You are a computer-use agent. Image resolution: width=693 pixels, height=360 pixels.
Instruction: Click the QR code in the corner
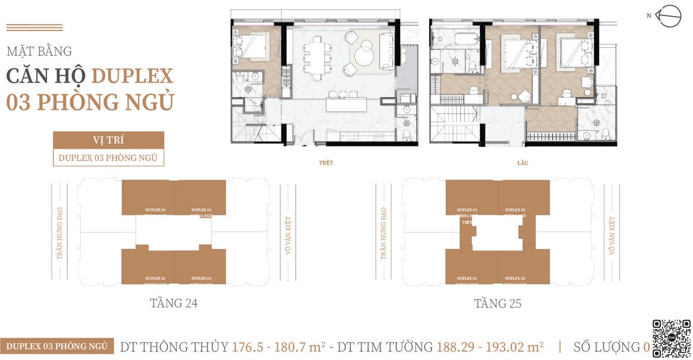coord(671,338)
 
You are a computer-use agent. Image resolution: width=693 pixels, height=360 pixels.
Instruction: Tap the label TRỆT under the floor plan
coord(326,163)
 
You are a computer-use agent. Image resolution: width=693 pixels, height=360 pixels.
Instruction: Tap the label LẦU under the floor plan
coord(522,163)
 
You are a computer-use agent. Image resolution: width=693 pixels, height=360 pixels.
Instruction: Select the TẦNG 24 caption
coord(174,303)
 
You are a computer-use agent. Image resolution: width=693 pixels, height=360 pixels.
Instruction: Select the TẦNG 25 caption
coord(497,303)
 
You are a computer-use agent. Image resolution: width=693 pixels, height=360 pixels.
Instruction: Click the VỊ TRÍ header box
coord(108,140)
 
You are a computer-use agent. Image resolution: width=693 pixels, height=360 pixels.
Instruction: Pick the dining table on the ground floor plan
coord(315,53)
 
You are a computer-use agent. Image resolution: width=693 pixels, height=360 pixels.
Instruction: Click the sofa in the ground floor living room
coord(386,51)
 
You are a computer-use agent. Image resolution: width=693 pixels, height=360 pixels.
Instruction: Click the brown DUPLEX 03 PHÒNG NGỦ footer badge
coord(57,346)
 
